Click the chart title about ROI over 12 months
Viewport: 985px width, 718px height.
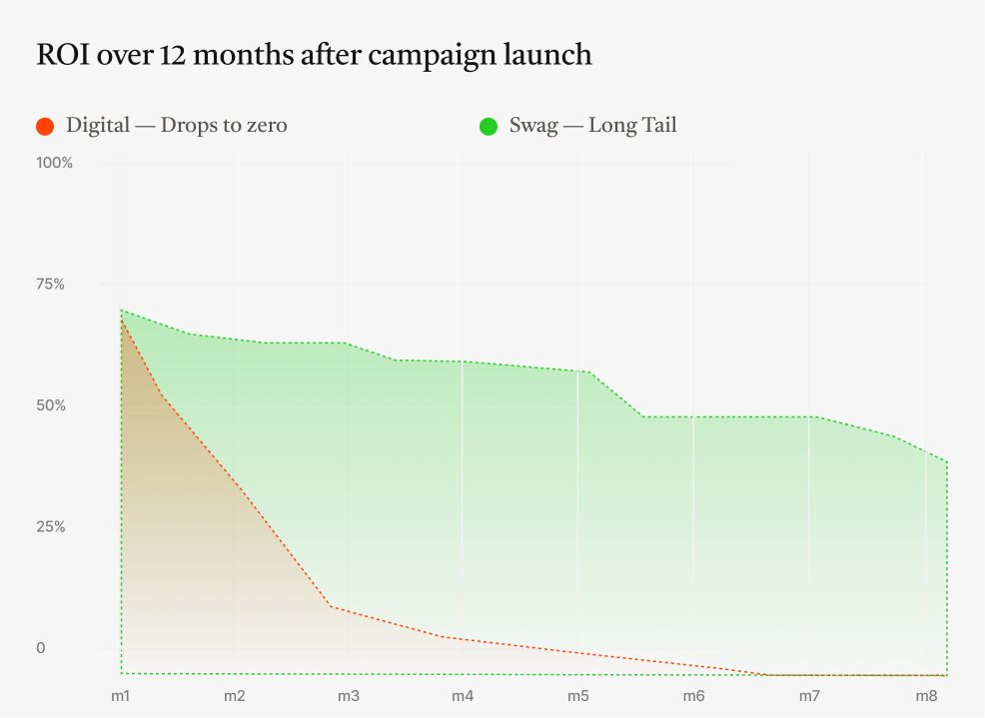[314, 55]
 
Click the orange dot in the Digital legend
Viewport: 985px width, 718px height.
[44, 126]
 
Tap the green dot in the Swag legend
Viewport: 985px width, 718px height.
[488, 126]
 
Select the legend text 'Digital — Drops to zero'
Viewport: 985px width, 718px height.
[177, 126]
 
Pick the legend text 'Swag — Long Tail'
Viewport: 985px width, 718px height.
[592, 126]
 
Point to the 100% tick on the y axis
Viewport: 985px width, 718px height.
[54, 163]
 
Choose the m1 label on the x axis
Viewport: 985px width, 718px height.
[120, 695]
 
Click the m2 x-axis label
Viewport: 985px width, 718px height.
[235, 695]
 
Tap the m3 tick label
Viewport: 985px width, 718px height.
[349, 695]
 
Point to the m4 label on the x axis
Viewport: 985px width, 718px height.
[463, 695]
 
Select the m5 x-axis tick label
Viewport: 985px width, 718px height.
[578, 695]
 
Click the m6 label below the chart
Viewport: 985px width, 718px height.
[693, 695]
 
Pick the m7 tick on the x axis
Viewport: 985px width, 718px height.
[809, 695]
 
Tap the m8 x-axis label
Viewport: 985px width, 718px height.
[925, 695]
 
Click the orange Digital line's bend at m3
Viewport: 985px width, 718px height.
[331, 607]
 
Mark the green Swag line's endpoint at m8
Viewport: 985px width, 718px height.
[946, 461]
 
